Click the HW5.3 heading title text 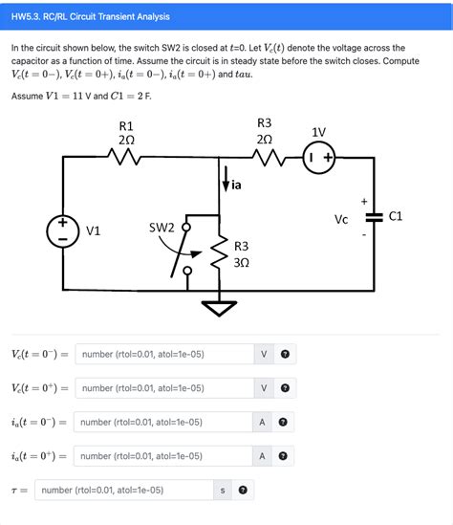(x=90, y=16)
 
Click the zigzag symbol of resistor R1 (x=125, y=159)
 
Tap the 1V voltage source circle (x=318, y=159)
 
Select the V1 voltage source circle (x=64, y=230)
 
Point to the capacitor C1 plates (x=374, y=218)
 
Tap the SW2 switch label (x=162, y=228)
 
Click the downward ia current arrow (x=225, y=181)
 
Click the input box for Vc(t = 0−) (x=163, y=355)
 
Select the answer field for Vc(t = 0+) (x=163, y=388)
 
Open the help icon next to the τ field (x=244, y=490)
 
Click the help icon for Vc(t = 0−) (x=284, y=355)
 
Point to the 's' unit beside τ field (x=223, y=490)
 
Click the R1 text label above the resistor (x=126, y=125)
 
